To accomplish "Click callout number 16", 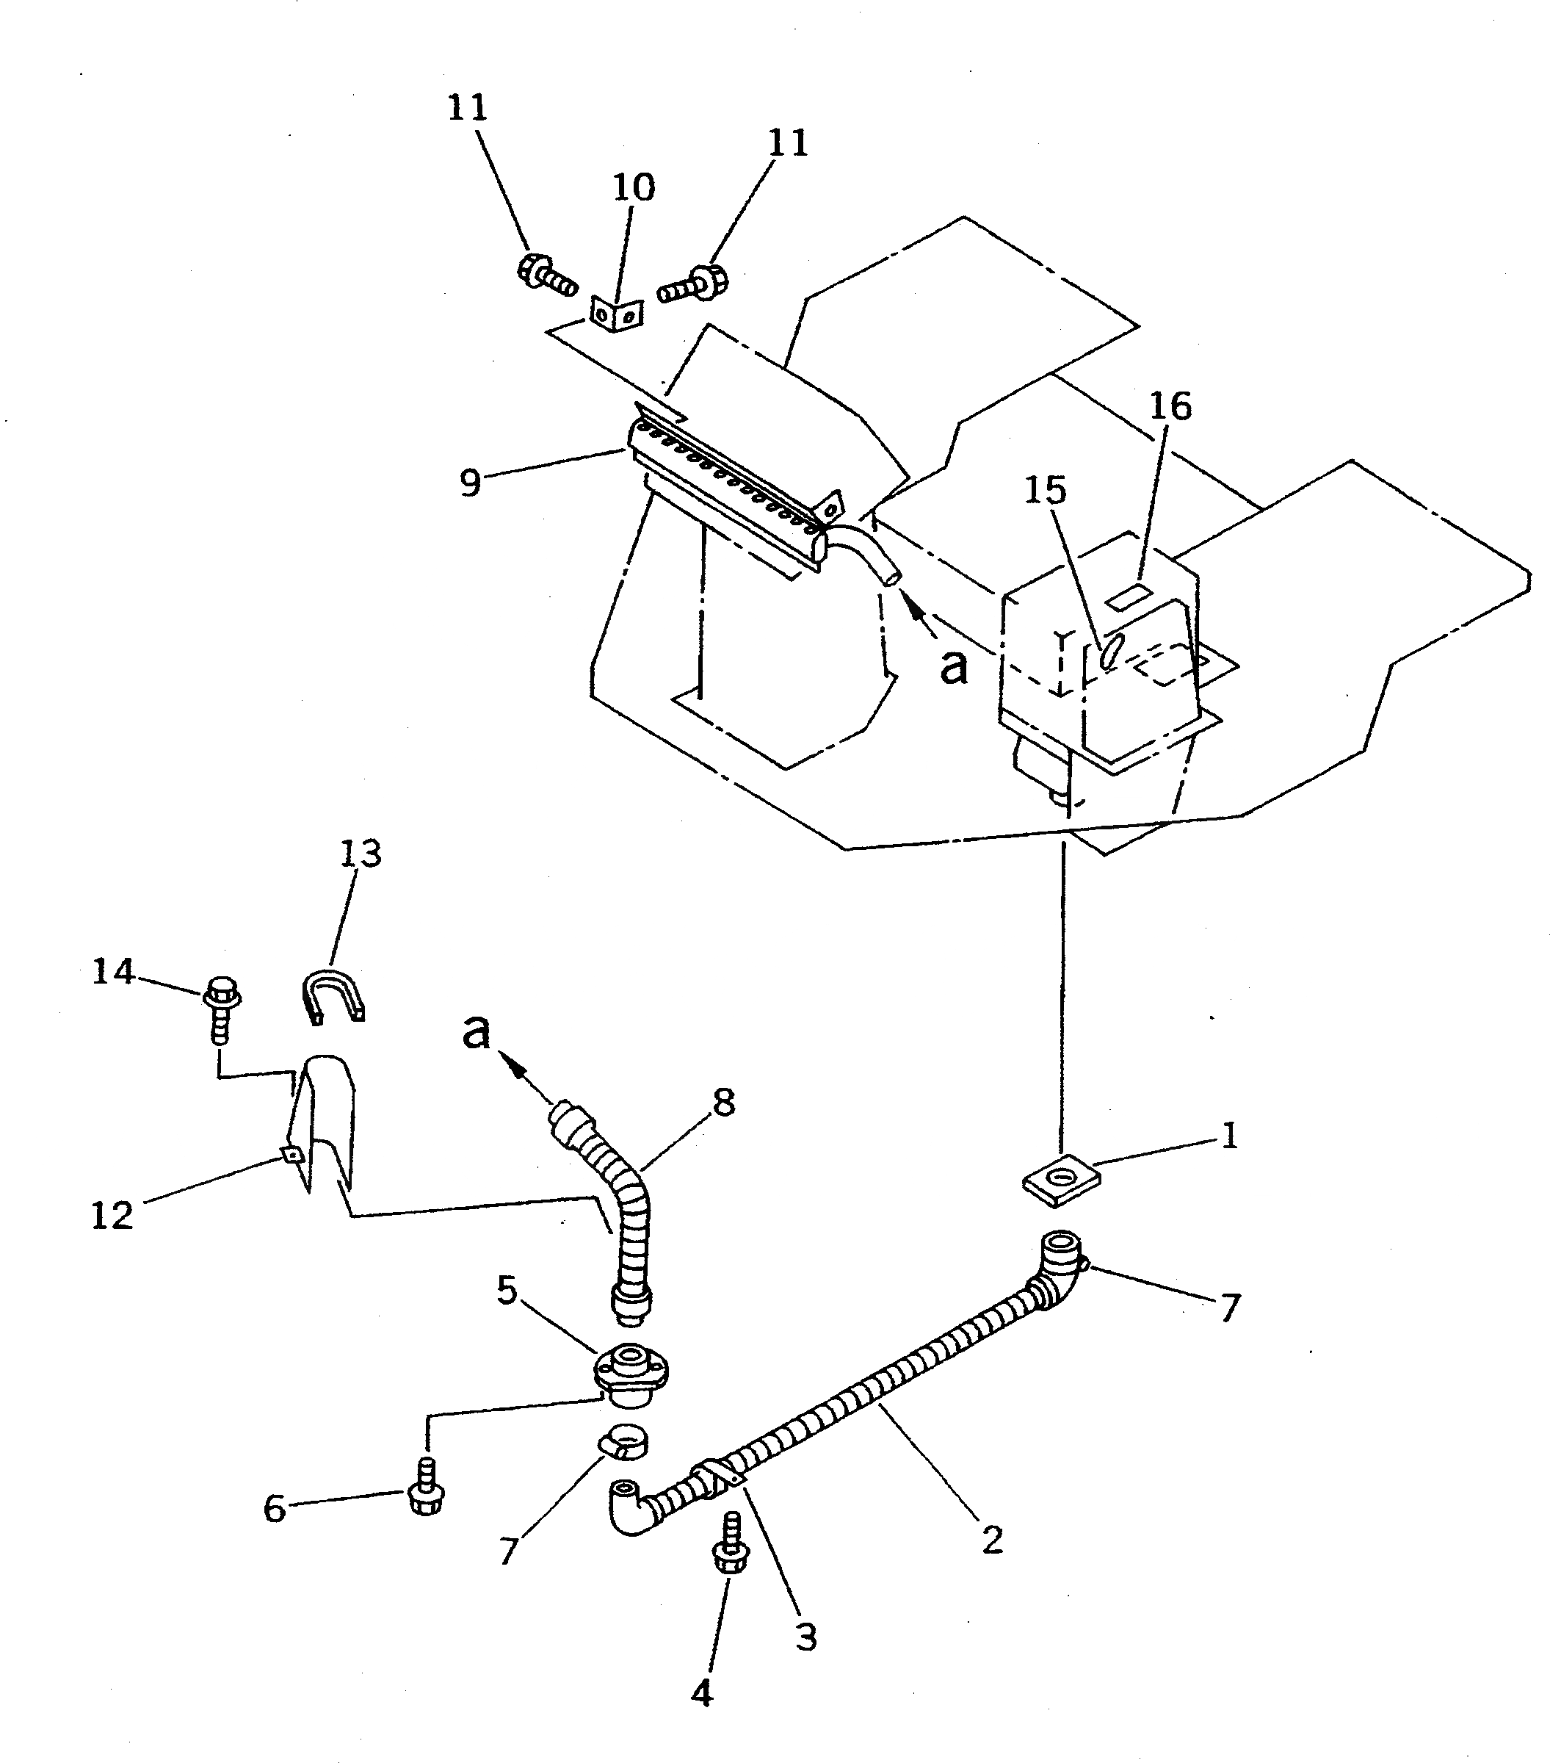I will pos(1169,405).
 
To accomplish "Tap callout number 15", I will pos(1045,490).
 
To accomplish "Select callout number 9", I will pos(470,482).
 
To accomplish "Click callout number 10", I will pos(634,187).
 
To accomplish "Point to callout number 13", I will pos(360,854).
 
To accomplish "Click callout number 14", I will pos(113,972).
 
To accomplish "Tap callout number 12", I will pos(112,1215).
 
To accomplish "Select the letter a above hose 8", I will pos(476,1031).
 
